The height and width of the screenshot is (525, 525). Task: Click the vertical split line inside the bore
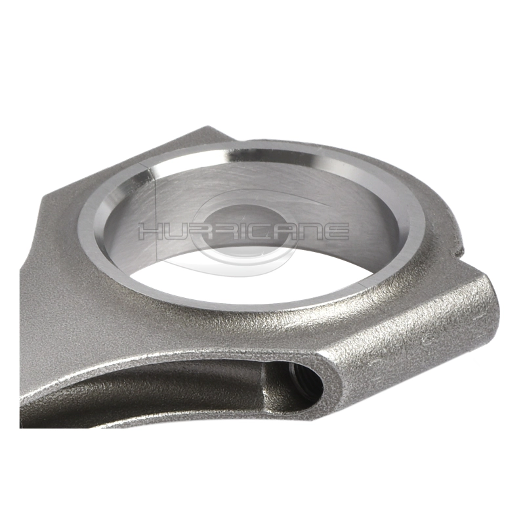tap(156, 215)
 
